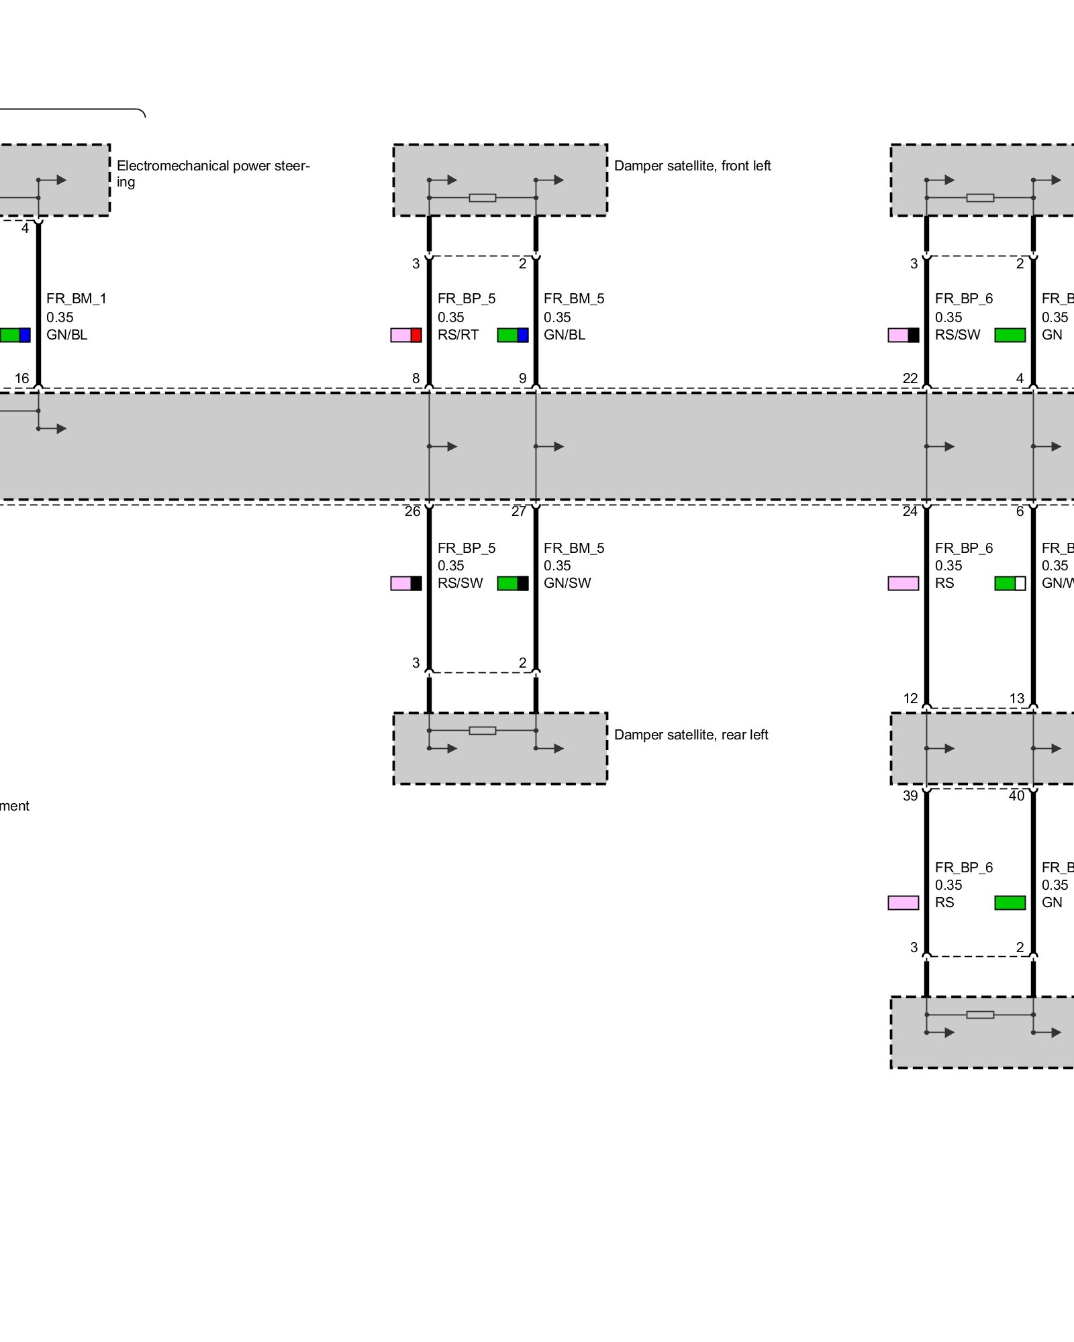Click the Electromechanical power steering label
tap(213, 173)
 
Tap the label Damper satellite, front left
tap(692, 166)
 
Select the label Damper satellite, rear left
tap(691, 735)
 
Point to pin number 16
tap(22, 378)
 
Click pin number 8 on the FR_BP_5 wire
tap(416, 378)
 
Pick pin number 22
tap(910, 378)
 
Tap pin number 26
tap(412, 511)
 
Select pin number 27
tap(519, 511)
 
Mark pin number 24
tap(910, 511)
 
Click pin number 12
tap(910, 699)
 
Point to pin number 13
tap(1017, 699)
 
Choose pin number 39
tap(910, 796)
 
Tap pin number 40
tap(1017, 796)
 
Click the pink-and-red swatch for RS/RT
tap(406, 335)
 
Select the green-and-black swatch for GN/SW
tap(513, 583)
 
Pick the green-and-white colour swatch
tap(1010, 583)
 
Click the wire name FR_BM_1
tap(77, 299)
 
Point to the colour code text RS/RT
tap(458, 335)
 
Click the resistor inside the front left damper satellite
tap(483, 198)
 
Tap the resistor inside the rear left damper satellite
tap(483, 730)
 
